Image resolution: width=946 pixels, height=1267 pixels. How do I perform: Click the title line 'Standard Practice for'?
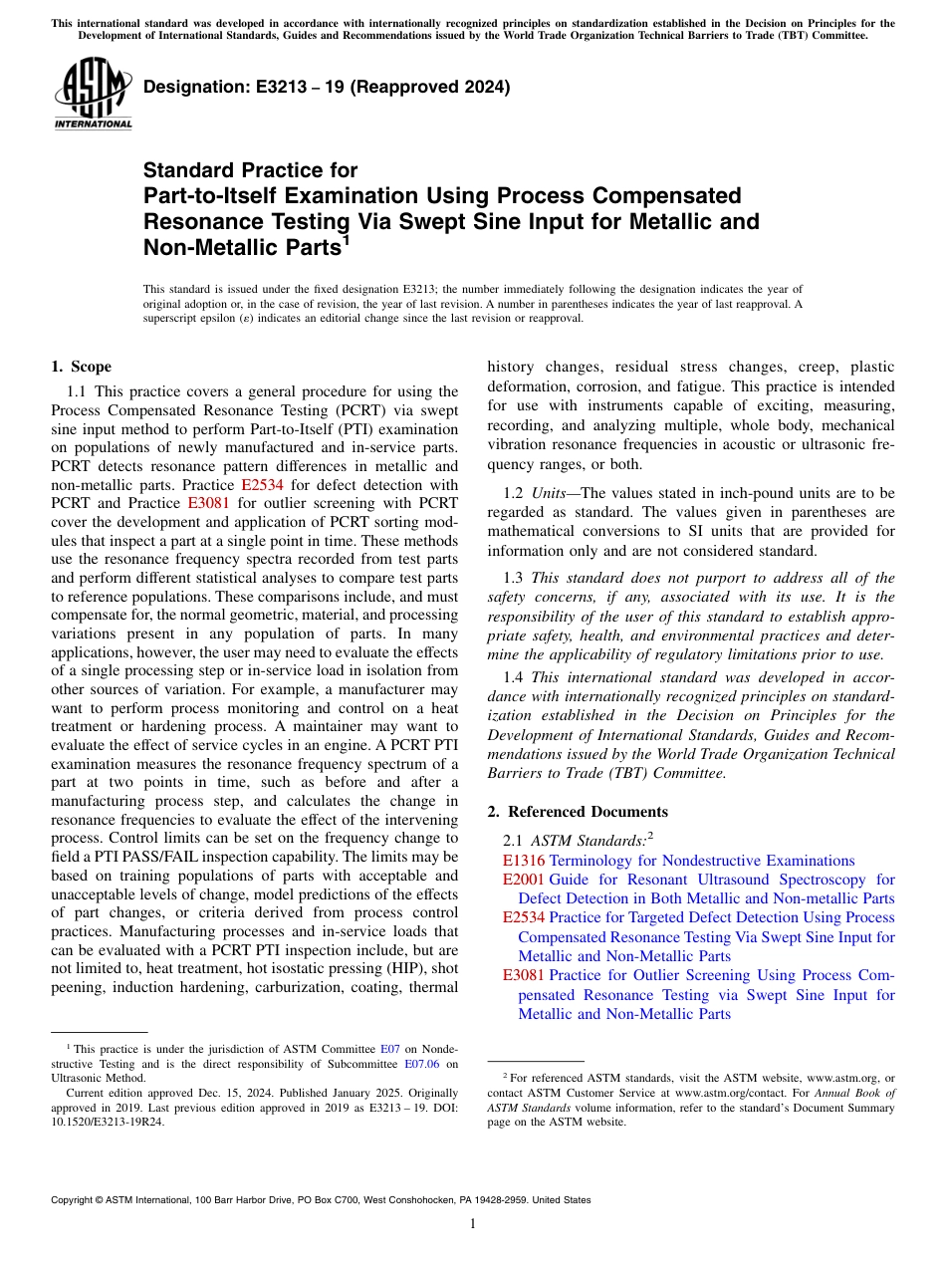tap(250, 170)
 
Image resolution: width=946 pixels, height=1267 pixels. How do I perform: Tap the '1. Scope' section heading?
tap(81, 367)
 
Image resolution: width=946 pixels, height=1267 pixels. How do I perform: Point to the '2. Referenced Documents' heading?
tap(578, 812)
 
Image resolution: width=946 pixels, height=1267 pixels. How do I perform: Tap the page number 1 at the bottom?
tap(473, 1224)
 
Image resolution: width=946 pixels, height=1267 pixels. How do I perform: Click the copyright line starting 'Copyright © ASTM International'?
tap(320, 1200)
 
